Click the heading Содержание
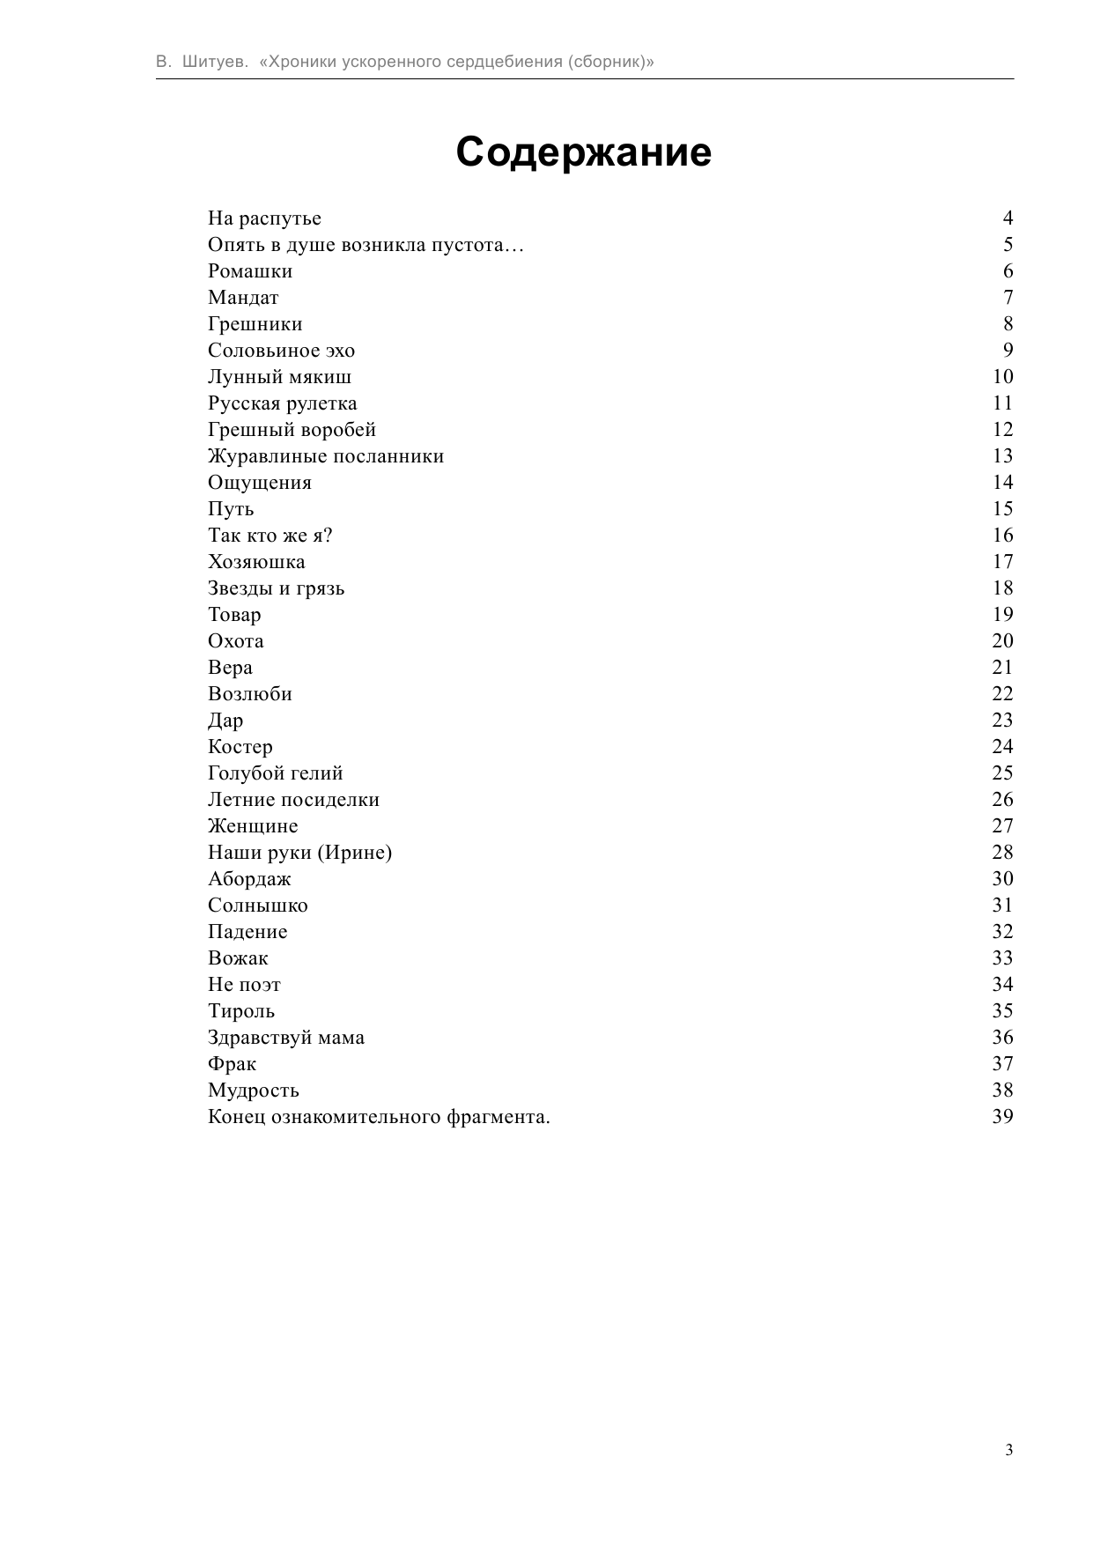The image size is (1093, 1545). pos(583,152)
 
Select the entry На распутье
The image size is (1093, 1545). pos(264,218)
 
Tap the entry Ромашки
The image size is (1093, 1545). pos(250,271)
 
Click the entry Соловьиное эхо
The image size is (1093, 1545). pos(281,351)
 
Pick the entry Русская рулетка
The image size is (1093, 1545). pos(282,403)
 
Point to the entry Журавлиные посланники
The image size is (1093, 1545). pos(326,456)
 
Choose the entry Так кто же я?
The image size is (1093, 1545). pos(270,536)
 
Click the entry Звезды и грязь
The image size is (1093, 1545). pos(276,588)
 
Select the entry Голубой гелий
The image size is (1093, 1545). pos(275,773)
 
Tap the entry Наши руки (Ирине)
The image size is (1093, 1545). pos(299,853)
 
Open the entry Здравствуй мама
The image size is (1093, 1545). pos(285,1038)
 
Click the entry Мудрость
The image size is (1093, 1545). pos(253,1090)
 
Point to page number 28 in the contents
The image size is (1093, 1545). pos(1002,853)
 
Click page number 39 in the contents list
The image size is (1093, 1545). pos(1002,1117)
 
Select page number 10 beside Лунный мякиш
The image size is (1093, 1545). pos(1002,377)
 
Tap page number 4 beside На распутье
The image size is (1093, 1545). pos(1008,218)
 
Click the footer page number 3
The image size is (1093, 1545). pos(1008,1451)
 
